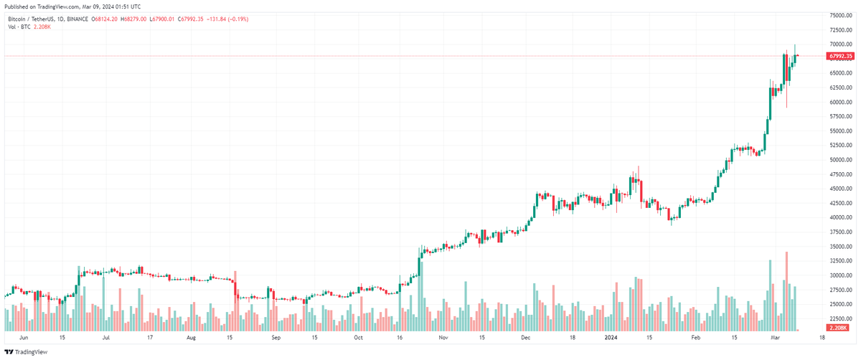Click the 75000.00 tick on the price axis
[x=840, y=15]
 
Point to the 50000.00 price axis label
[x=840, y=160]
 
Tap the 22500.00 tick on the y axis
[x=840, y=318]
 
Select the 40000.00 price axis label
[x=840, y=217]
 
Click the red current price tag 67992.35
[x=840, y=56]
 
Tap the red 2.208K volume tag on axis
[x=839, y=328]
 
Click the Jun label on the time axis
[x=23, y=336]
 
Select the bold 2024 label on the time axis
[x=611, y=336]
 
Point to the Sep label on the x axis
[x=276, y=336]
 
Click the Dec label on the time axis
[x=525, y=336]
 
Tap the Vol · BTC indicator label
[x=20, y=27]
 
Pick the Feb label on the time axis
[x=695, y=336]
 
